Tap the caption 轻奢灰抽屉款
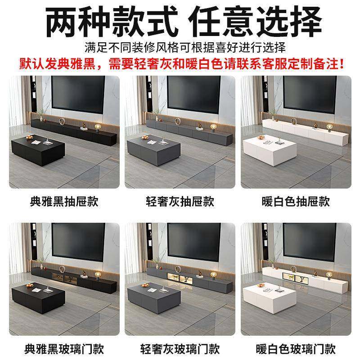coord(180,201)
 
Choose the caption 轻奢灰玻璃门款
coord(180,348)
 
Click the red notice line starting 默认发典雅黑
coord(180,63)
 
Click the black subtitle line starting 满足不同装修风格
coord(180,47)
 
